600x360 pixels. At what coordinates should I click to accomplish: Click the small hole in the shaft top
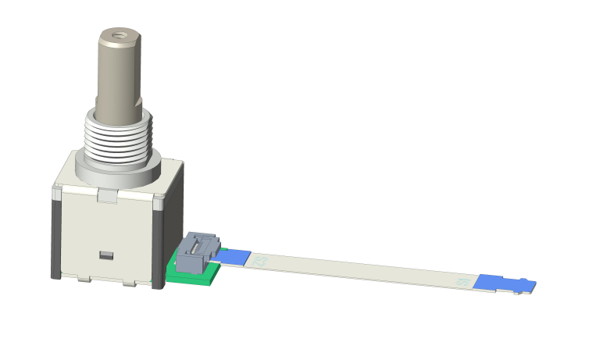coord(119,34)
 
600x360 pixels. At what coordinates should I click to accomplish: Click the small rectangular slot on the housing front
coord(106,255)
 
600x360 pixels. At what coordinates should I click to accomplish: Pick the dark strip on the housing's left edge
coord(55,234)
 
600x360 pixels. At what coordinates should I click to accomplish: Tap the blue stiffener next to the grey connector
coord(235,255)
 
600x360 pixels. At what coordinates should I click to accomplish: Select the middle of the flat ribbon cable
coord(359,269)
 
